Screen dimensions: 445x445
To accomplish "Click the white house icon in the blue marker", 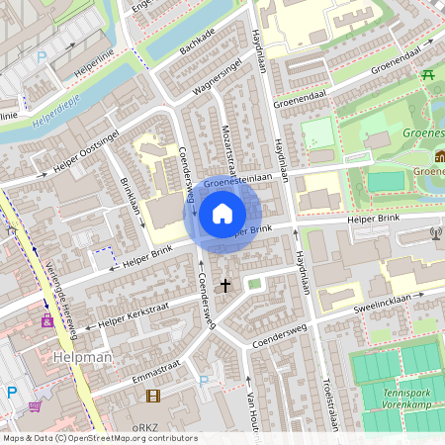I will (x=222, y=213).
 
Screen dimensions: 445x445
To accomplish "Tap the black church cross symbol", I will (x=224, y=286).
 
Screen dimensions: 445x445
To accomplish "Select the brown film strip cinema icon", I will (x=152, y=396).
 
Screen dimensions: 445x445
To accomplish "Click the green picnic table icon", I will (x=428, y=74).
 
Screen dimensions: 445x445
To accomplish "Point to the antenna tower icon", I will (x=436, y=233).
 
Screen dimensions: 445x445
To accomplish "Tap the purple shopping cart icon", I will (x=37, y=405).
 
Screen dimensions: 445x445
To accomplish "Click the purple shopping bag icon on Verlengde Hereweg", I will (x=45, y=320).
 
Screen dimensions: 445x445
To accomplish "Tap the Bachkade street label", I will (x=197, y=43).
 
